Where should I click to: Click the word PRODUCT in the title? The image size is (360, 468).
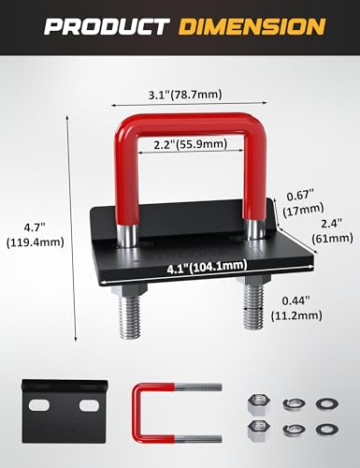107,27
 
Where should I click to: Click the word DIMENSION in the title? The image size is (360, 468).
252,27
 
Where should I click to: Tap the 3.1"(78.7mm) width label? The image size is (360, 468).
185,94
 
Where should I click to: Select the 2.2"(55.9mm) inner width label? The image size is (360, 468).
191,144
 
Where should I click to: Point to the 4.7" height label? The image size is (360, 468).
35,234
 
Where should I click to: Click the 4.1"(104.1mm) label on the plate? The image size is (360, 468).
207,267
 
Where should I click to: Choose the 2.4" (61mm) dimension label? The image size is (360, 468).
333,231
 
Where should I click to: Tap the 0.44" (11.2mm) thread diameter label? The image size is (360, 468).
296,308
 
